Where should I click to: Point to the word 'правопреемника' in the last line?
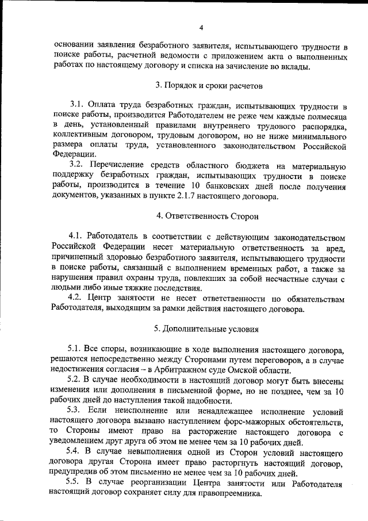pos(227,495)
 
